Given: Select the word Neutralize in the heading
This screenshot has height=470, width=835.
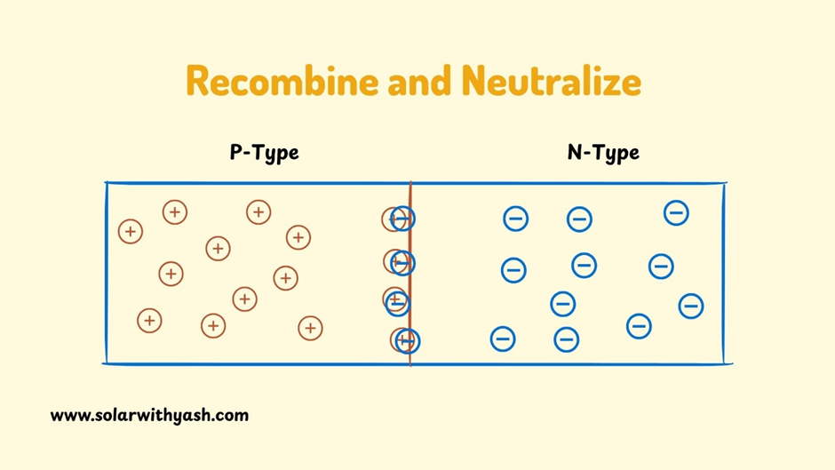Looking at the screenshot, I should (551, 82).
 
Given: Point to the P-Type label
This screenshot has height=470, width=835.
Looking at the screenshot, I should (264, 153).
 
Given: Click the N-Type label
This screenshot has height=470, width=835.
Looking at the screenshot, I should (603, 153).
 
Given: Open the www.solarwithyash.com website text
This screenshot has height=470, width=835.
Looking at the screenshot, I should (149, 415).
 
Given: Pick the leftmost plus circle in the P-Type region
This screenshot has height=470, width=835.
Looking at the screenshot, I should (131, 232).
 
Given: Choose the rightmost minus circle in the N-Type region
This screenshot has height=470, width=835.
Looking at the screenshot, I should (691, 306).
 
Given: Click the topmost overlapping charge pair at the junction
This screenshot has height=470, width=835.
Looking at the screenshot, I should (399, 219).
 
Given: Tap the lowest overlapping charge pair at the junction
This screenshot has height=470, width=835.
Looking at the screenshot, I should (404, 340).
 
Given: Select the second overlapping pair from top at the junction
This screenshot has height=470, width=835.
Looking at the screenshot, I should (400, 262).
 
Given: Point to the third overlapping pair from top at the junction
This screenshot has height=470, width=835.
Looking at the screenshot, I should (396, 302).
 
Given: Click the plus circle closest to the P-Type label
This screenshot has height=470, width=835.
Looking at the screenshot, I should (258, 212).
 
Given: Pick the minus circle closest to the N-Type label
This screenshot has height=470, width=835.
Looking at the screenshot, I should (579, 219).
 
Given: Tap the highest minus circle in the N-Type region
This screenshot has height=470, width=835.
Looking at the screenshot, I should (676, 212).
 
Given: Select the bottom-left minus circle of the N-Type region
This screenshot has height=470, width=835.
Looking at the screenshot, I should (503, 339).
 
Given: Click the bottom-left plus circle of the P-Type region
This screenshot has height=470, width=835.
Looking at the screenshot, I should (149, 321).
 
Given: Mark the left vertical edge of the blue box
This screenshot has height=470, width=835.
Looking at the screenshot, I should (107, 273).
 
